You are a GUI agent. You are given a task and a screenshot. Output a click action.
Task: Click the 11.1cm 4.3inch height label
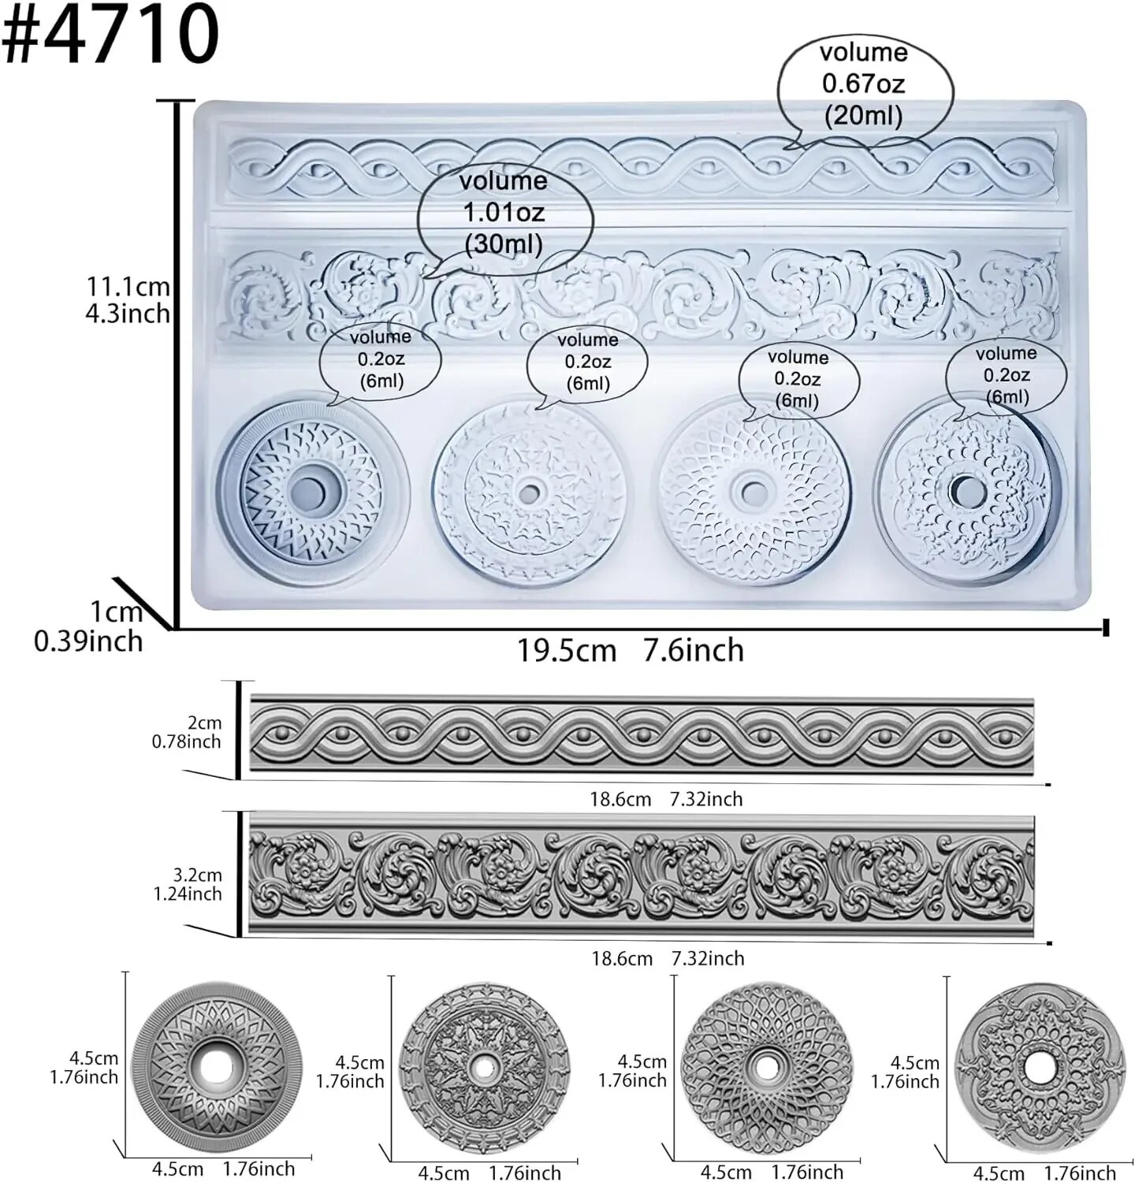coord(128,299)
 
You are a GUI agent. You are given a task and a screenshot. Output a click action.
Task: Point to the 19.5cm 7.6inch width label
coord(631,651)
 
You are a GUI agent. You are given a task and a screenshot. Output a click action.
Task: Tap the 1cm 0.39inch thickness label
coord(88,626)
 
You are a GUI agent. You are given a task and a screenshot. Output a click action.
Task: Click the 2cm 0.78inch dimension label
coord(187,732)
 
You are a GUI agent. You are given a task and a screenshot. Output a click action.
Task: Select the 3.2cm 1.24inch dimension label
coord(188,884)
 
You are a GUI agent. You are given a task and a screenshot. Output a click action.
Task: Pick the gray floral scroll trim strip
coord(642,876)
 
